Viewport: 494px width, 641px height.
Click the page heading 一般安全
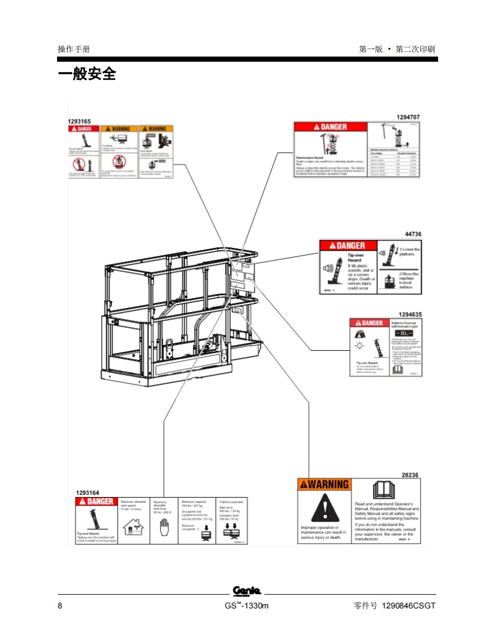point(87,74)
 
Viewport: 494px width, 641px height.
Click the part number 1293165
point(79,121)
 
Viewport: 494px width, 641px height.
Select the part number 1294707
point(408,117)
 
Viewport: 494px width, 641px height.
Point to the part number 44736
point(413,234)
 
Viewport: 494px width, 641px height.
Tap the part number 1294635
point(410,314)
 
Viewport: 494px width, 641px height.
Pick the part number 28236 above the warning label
point(410,475)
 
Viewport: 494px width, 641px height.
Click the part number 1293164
point(87,492)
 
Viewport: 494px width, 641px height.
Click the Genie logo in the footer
point(246,591)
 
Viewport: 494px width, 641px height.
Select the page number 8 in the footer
point(60,606)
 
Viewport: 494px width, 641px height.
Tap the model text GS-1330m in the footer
point(246,606)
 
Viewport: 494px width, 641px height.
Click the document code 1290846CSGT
point(408,606)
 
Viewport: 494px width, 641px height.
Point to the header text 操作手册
point(74,49)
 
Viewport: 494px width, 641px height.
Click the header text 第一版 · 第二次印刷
point(397,49)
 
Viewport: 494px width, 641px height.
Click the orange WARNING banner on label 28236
point(324,484)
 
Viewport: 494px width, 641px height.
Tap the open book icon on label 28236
point(383,490)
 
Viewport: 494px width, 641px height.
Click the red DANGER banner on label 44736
point(348,246)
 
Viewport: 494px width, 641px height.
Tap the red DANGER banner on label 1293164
point(96,502)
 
